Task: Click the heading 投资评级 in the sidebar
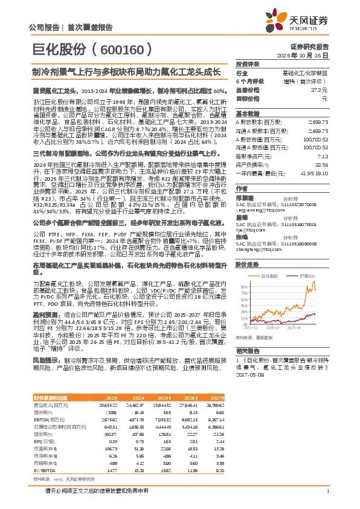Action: tap(246, 64)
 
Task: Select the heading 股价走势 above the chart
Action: tap(246, 265)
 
